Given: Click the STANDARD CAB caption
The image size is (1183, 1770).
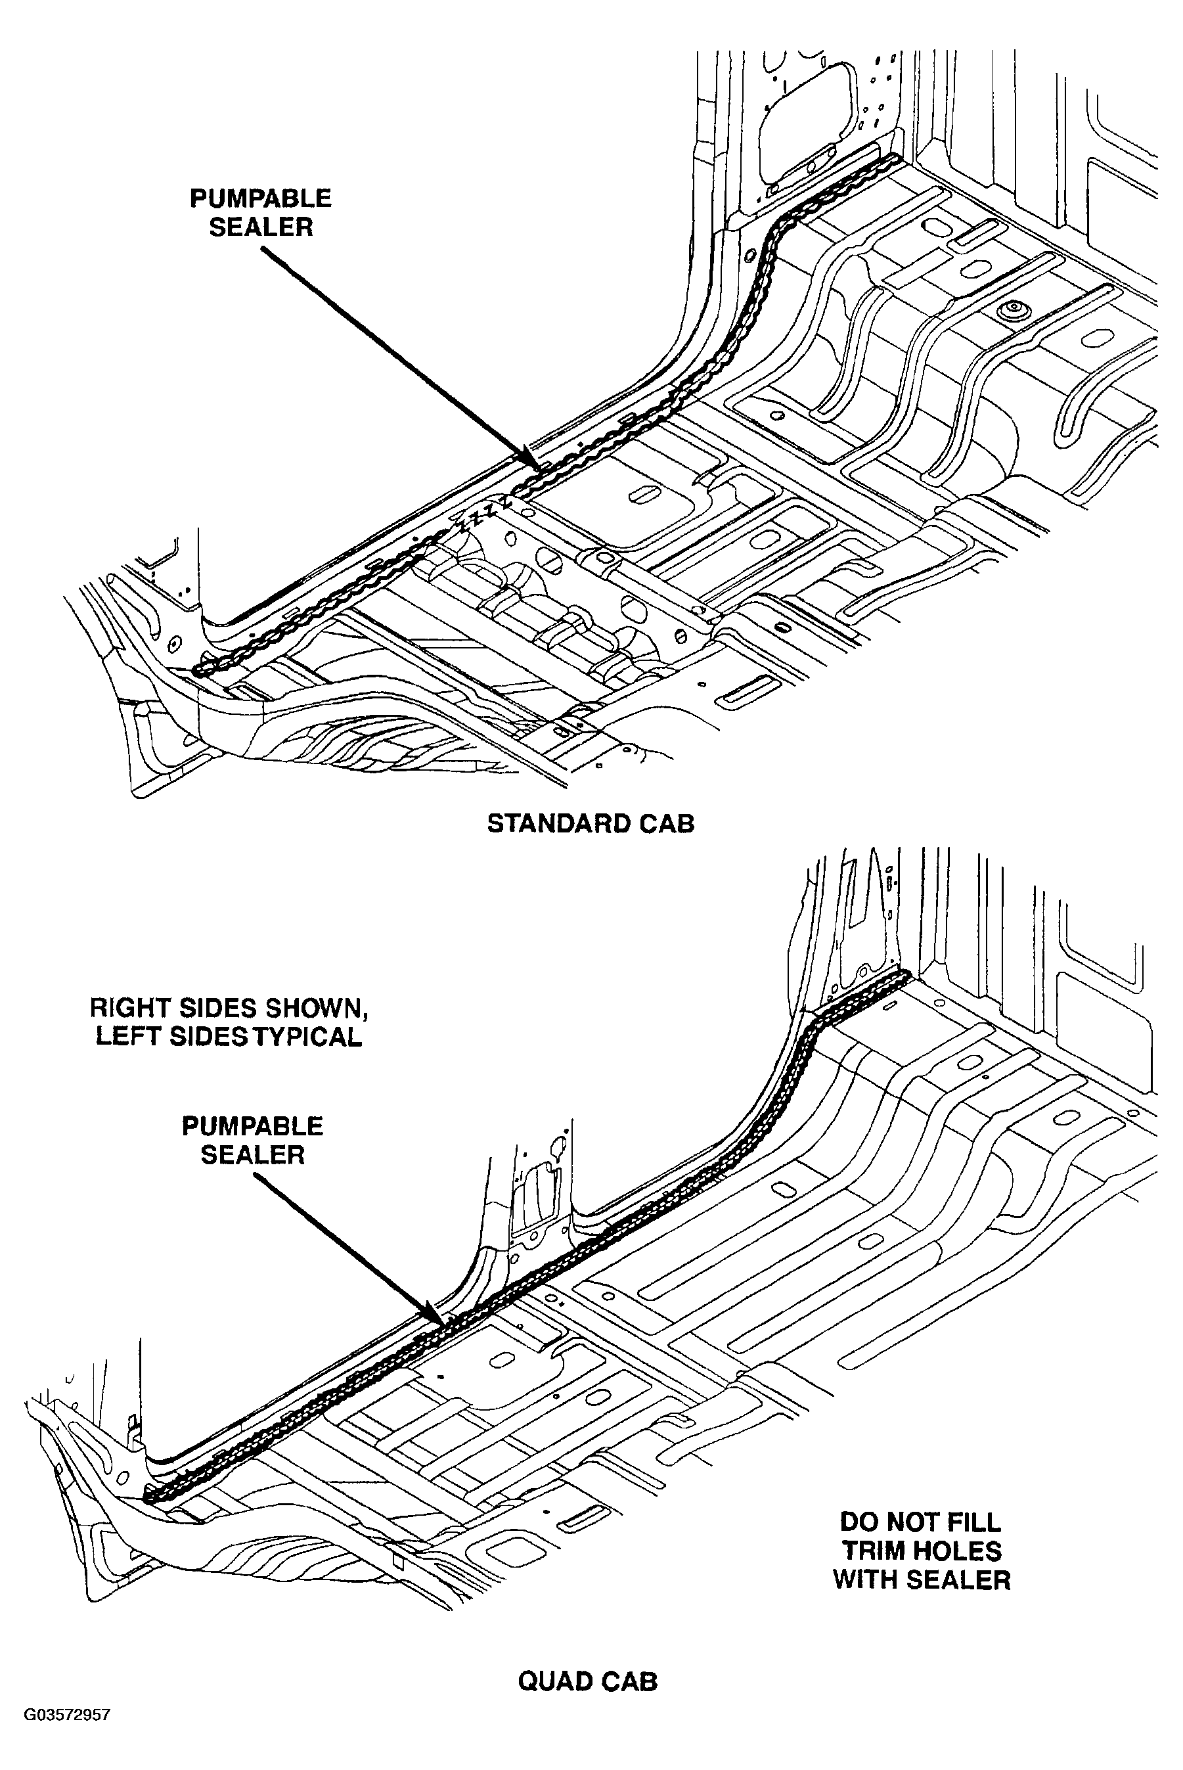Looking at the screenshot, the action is [x=591, y=823].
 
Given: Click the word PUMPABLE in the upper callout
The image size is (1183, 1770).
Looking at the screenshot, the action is [x=260, y=198].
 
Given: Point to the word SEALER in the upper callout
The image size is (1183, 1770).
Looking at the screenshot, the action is [x=261, y=227].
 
